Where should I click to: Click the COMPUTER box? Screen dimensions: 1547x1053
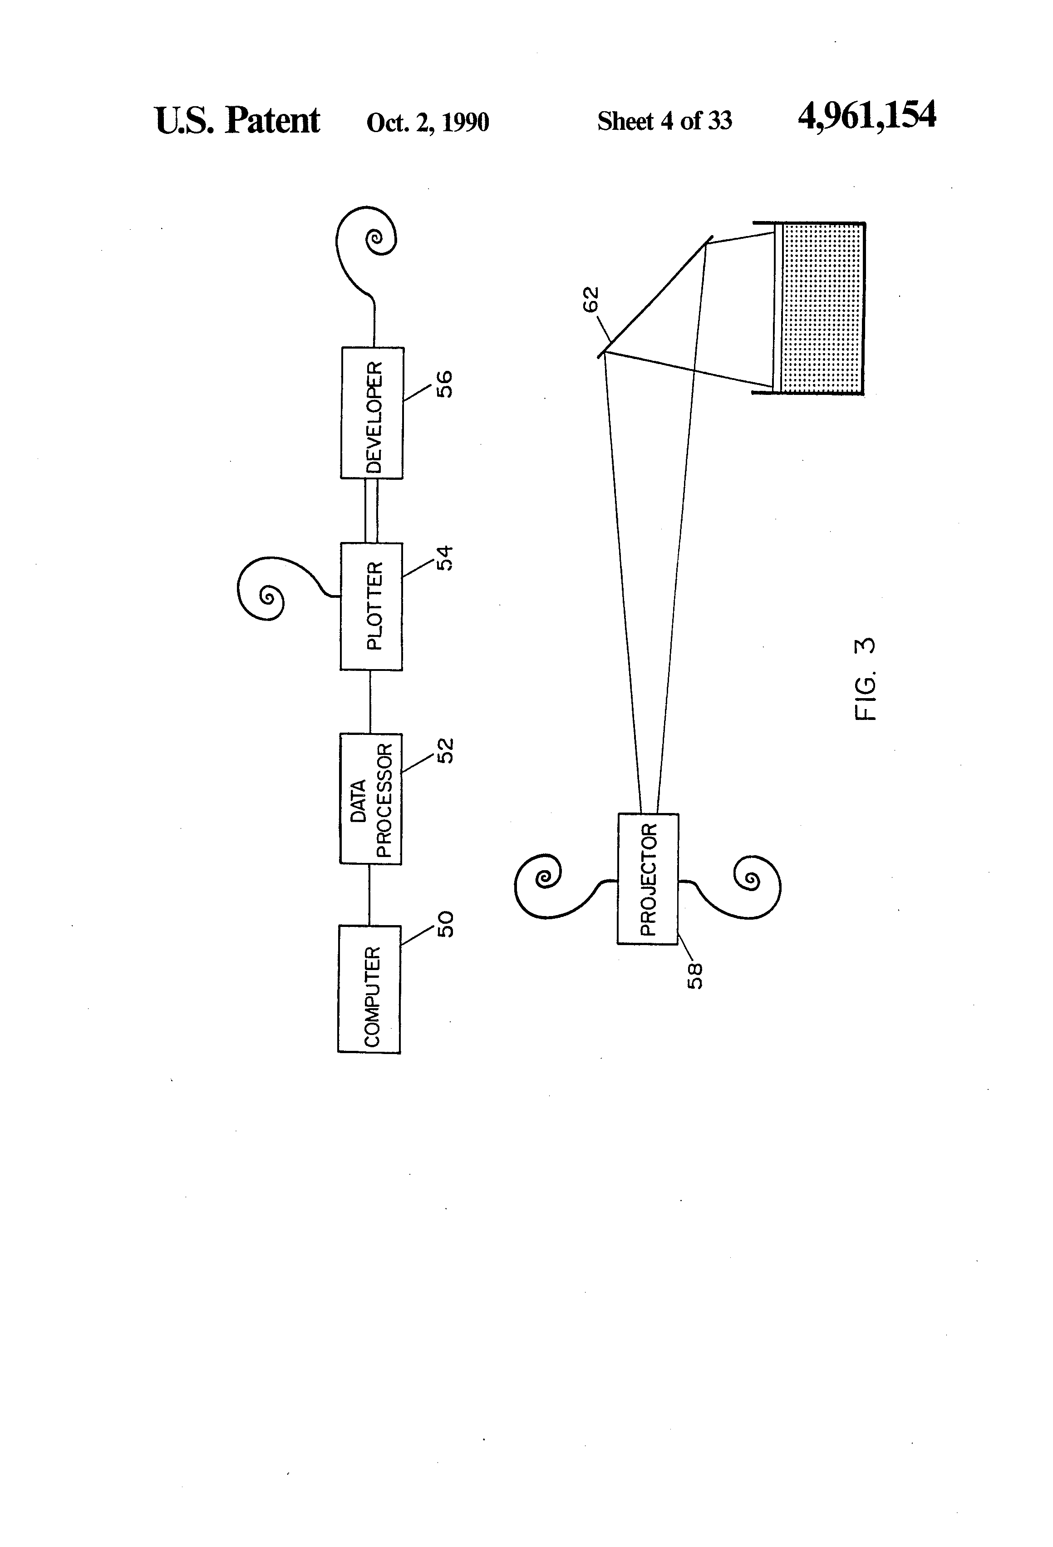369,989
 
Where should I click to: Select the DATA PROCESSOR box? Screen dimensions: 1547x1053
371,799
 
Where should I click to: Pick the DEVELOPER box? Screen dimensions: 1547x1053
372,413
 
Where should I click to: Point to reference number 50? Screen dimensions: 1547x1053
445,924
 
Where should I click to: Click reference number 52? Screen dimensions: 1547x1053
445,750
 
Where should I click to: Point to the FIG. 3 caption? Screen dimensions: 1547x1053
865,679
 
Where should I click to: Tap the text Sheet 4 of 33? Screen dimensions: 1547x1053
664,121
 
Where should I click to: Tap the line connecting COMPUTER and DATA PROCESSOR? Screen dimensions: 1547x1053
369,895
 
